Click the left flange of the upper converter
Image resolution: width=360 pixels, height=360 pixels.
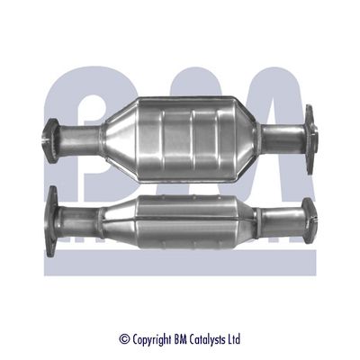coord(50,139)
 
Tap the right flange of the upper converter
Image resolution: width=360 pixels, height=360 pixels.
coord(311,134)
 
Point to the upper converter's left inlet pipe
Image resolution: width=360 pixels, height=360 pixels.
coord(79,139)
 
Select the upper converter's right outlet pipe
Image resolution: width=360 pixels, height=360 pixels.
coord(281,137)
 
